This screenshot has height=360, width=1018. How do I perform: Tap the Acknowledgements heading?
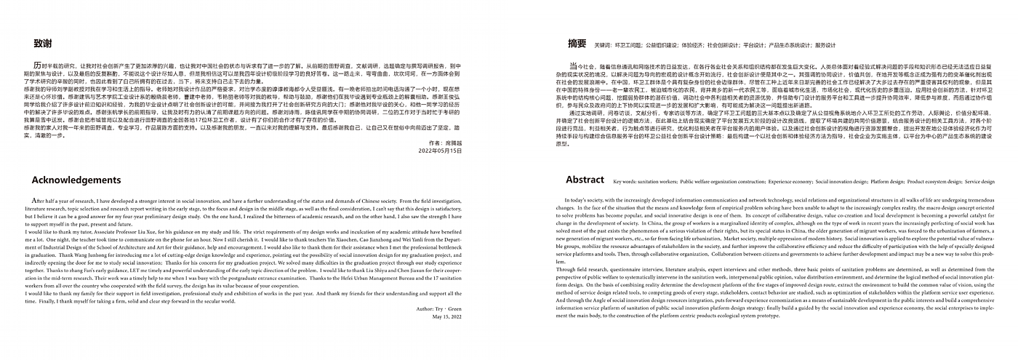click(76, 180)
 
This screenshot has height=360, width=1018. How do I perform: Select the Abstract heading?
click(585, 180)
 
